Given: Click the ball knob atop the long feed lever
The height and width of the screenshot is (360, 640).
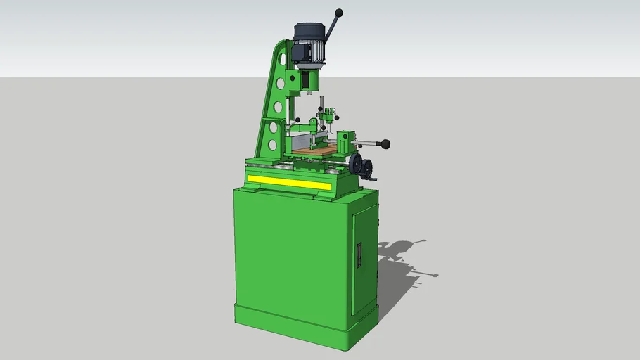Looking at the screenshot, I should [x=339, y=13].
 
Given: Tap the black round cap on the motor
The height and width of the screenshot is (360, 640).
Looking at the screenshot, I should [x=308, y=30].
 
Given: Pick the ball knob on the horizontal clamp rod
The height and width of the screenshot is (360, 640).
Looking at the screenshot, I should [x=385, y=144].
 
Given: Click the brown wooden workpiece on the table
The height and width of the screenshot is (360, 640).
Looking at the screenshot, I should [x=313, y=149].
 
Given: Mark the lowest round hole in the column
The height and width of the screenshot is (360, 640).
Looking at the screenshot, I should [x=271, y=146].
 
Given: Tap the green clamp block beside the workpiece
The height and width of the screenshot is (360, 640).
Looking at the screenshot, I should [x=345, y=144].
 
